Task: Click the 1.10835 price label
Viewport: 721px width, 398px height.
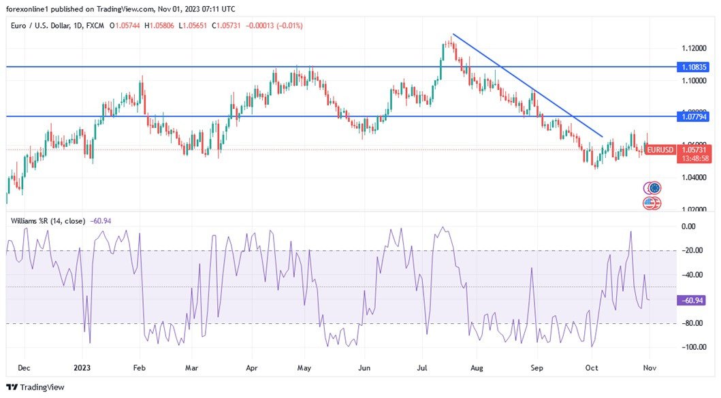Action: (x=694, y=67)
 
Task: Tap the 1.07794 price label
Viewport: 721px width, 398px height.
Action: (x=694, y=117)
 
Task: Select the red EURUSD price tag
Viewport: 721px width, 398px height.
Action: (x=660, y=149)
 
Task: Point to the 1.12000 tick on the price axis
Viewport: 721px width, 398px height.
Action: (x=694, y=48)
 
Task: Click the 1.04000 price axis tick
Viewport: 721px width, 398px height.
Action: (x=694, y=177)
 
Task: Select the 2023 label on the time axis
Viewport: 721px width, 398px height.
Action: (x=82, y=368)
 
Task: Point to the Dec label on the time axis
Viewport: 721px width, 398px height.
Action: (x=23, y=368)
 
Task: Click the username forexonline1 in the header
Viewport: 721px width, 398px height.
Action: (x=31, y=10)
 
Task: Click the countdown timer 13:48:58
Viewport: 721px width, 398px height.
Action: (x=694, y=158)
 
